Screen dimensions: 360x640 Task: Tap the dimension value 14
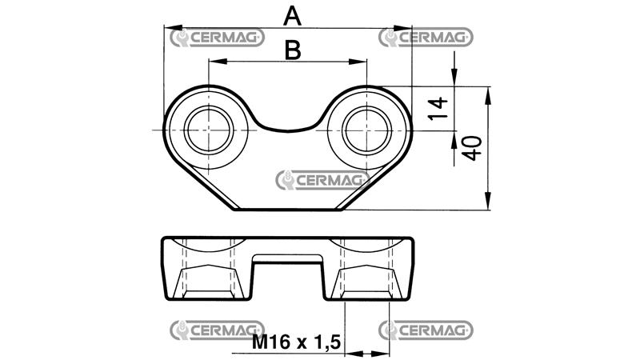(x=436, y=106)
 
